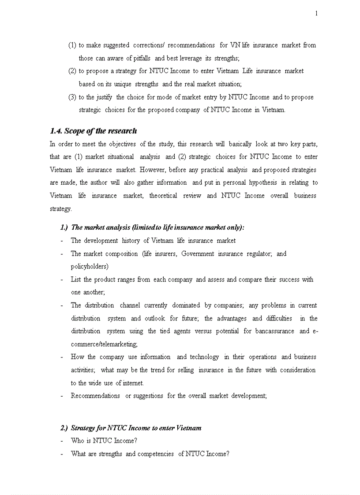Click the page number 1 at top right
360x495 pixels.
(316, 14)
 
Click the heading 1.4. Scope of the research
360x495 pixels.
(93, 131)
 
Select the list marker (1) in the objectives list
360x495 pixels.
(72, 45)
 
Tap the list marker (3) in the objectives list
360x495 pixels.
(72, 97)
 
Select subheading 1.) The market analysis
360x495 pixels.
(152, 227)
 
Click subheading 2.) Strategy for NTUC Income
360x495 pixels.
(131, 428)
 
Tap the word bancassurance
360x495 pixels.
(274, 331)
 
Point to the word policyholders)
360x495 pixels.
(90, 266)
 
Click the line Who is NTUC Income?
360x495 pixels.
(104, 441)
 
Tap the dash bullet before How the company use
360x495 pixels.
(62, 357)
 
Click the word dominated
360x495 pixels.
(186, 305)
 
